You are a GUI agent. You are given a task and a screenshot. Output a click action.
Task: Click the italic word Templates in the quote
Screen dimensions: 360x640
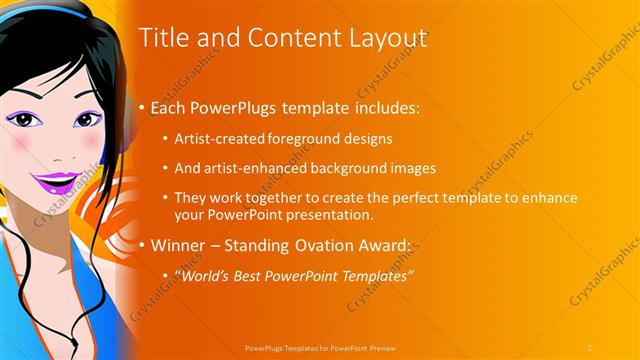tap(376, 275)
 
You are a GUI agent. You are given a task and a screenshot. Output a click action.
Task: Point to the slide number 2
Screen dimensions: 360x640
tap(589, 347)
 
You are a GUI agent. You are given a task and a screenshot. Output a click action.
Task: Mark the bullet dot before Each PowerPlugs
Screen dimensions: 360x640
tap(143, 107)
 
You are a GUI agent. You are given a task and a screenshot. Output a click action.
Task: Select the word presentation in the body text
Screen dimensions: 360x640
tap(327, 215)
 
